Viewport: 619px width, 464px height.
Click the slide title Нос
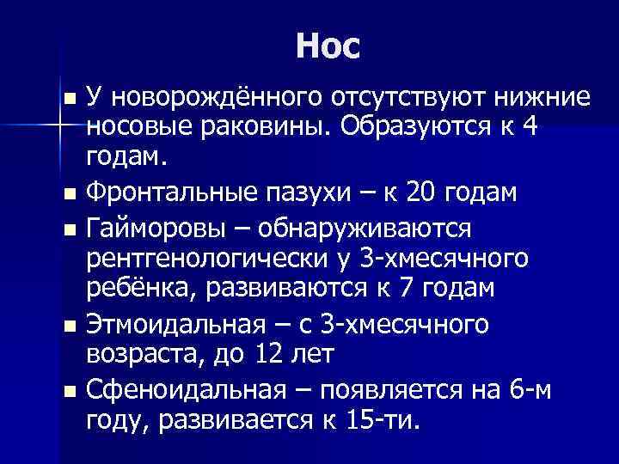click(x=326, y=45)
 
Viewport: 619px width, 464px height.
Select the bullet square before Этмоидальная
click(x=70, y=324)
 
